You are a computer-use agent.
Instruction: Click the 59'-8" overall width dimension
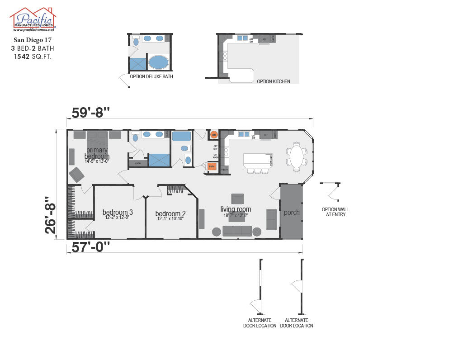pos(91,112)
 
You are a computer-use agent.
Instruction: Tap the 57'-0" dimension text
pos(90,247)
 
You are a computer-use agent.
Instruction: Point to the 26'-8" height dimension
pos(51,215)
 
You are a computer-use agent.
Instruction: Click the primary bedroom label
pos(97,153)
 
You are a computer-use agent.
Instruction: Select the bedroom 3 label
pos(118,212)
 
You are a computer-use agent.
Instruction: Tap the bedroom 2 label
pos(170,213)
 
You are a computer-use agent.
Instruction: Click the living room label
pos(236,209)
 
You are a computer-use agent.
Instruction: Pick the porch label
pos(292,212)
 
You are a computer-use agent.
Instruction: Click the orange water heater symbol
pos(214,135)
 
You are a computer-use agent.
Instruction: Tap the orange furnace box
pos(212,166)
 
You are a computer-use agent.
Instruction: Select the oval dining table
pos(296,156)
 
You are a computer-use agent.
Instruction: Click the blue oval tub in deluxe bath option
pos(158,62)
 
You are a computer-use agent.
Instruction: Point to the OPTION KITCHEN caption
pos(273,81)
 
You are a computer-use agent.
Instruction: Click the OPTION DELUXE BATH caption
pos(151,76)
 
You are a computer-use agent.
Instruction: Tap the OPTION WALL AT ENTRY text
pos(335,212)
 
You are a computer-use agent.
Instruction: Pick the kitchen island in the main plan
pos(258,160)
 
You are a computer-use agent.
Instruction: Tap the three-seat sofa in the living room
pos(237,231)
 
